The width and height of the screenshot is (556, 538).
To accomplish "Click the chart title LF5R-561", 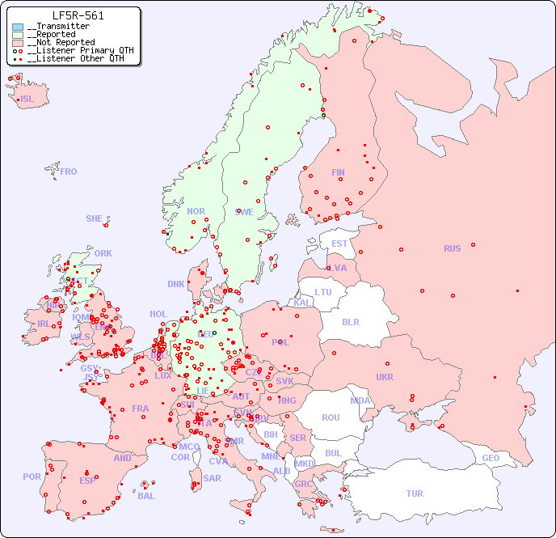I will tap(78, 15).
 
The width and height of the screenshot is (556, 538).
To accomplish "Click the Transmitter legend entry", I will tap(61, 27).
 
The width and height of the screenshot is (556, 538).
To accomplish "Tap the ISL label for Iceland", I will tap(27, 100).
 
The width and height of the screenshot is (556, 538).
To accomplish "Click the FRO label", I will tap(69, 172).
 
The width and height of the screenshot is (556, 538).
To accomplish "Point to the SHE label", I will tap(95, 218).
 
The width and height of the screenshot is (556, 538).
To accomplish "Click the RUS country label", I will tap(452, 248).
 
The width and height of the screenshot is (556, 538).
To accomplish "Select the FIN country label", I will tap(338, 172).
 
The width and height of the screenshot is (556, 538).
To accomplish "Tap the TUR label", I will tap(415, 494).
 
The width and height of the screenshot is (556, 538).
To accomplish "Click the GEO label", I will tap(491, 458).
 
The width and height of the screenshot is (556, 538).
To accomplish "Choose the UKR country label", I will tap(385, 377).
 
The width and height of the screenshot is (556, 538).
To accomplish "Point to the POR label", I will tap(32, 477).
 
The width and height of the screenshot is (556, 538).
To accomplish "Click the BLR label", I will tap(350, 321).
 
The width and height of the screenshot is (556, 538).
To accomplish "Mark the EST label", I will tap(339, 244).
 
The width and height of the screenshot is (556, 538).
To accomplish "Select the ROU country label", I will tap(331, 417).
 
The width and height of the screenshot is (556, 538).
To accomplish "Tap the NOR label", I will tap(196, 211).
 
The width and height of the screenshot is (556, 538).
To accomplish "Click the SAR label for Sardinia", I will tap(213, 478).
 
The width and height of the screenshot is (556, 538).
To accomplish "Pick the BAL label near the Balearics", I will tap(146, 496).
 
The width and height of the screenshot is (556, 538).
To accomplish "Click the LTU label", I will tap(323, 292).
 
